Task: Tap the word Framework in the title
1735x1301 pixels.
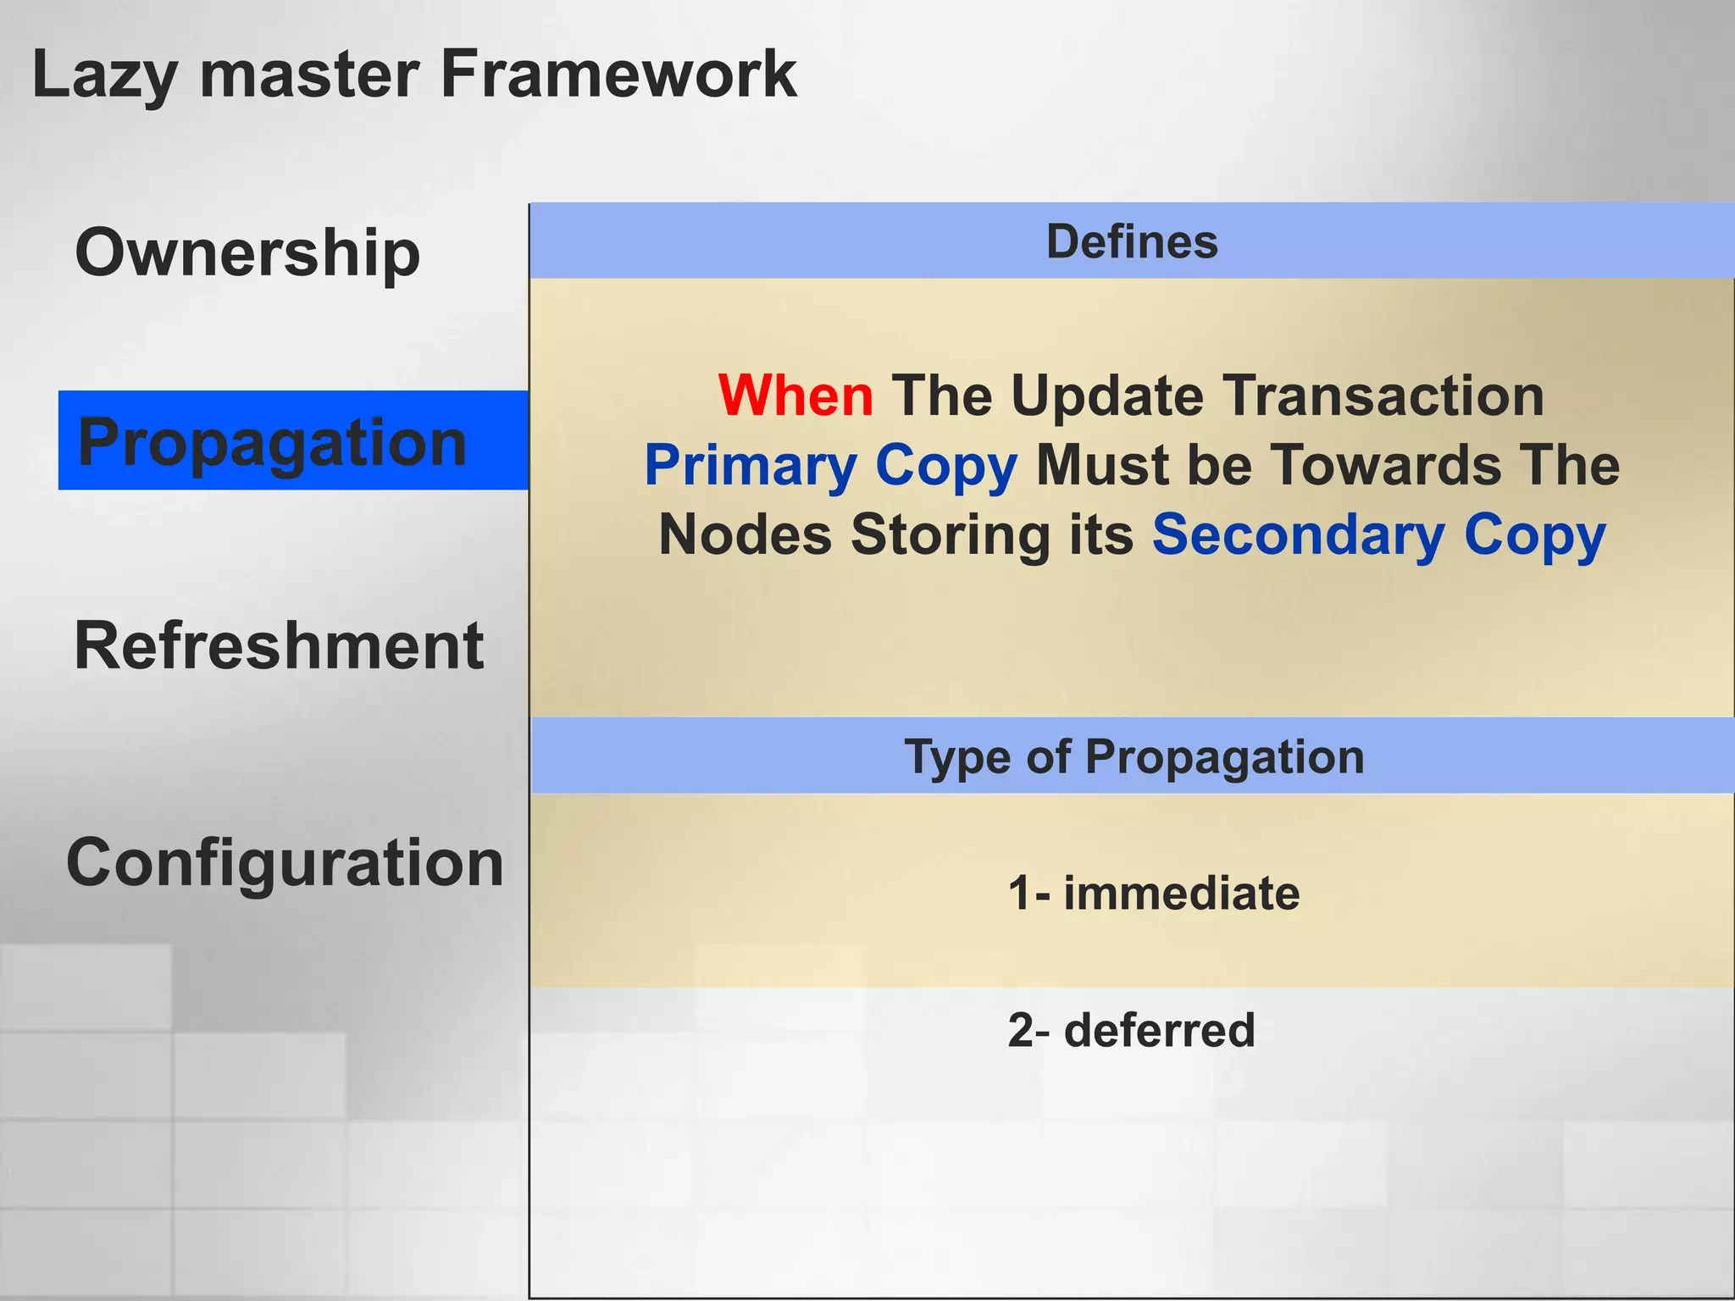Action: [x=618, y=75]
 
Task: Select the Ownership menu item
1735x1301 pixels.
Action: [x=247, y=252]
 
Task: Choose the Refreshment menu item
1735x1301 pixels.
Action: [x=279, y=645]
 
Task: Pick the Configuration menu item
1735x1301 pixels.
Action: [x=285, y=862]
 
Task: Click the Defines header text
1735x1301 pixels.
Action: [x=1132, y=242]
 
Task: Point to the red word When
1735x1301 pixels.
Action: [x=795, y=396]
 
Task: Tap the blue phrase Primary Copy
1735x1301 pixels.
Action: [x=830, y=466]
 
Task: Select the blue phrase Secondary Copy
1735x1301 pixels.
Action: [x=1378, y=535]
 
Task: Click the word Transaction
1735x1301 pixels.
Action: [x=1383, y=396]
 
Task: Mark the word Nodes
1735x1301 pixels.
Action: [x=746, y=535]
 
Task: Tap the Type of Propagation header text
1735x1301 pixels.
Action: [x=1134, y=756]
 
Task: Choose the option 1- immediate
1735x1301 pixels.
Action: [x=1153, y=894]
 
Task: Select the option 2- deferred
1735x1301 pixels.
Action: [x=1131, y=1030]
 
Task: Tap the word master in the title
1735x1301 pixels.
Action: [x=309, y=75]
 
